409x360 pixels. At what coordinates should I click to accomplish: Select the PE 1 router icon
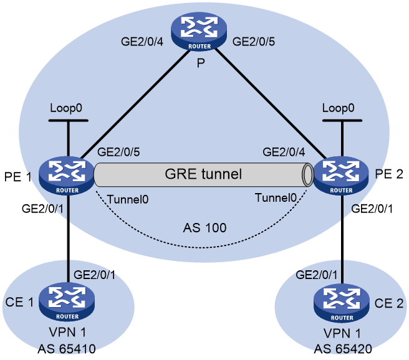pos(67,176)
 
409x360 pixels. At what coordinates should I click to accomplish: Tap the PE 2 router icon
pos(341,176)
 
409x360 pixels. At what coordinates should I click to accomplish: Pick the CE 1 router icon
pos(67,302)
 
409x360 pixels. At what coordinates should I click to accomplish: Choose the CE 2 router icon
pos(342,303)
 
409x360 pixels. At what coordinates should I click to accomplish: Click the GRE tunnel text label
pos(203,174)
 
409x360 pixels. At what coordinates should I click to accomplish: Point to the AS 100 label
pos(205,228)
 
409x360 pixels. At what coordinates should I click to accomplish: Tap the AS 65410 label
pos(67,349)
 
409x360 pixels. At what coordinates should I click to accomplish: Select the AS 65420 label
pos(343,349)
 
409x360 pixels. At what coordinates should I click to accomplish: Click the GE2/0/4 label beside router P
pos(142,42)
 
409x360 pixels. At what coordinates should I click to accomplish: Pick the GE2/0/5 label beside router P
pos(254,42)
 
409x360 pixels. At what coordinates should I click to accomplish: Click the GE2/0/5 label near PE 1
pos(118,152)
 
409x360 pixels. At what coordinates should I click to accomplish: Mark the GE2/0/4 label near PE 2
pos(284,152)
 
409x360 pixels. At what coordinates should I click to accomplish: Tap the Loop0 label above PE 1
pos(66,108)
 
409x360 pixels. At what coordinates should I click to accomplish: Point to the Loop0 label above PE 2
pos(339,108)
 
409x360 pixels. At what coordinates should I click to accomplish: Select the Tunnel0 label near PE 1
pos(128,199)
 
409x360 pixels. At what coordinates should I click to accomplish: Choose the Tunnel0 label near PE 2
pos(276,198)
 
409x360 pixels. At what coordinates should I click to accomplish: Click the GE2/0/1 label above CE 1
pos(94,275)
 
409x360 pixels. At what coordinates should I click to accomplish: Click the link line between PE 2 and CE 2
pos(342,239)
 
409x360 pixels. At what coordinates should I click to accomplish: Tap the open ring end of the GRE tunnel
pos(308,174)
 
